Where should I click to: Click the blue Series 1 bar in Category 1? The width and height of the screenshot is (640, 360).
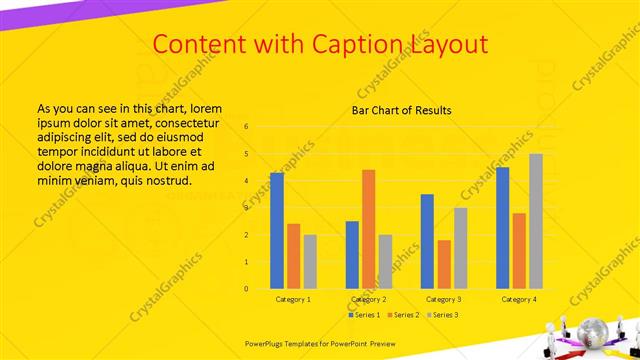coord(277,231)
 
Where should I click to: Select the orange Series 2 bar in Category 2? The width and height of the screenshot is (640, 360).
coord(368,229)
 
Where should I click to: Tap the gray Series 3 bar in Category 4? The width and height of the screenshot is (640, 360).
coord(536,221)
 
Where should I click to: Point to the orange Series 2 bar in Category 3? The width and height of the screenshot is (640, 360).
coord(444,264)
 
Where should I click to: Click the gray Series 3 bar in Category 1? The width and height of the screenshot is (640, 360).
coord(310,262)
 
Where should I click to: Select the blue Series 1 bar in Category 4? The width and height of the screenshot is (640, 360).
coord(502,228)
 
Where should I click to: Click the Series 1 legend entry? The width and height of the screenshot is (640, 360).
coord(366,315)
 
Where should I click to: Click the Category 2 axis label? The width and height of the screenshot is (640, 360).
coord(368,299)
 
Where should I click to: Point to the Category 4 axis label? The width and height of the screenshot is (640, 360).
coord(518,299)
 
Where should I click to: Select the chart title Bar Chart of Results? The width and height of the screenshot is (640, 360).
coord(401,110)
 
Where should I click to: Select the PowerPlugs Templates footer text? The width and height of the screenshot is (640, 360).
coord(320,342)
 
